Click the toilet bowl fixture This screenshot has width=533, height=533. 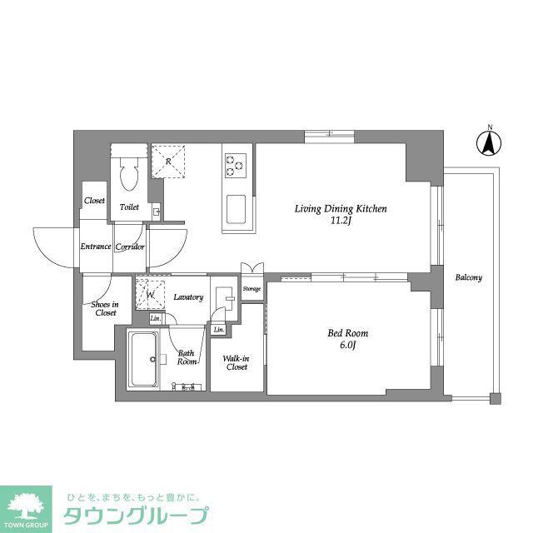click(x=129, y=175)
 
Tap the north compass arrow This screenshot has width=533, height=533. click(x=489, y=143)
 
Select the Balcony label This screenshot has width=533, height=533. click(x=468, y=277)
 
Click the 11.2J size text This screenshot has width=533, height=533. click(x=341, y=221)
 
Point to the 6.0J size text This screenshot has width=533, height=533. click(x=347, y=345)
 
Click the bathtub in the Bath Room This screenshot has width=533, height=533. click(x=143, y=359)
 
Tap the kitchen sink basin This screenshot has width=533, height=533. click(x=236, y=209)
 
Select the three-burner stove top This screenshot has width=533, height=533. click(x=235, y=165)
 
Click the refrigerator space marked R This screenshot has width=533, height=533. click(x=168, y=162)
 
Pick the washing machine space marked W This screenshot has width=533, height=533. click(x=150, y=295)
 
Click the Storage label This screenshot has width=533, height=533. click(x=252, y=289)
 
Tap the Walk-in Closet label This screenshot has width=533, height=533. click(x=237, y=363)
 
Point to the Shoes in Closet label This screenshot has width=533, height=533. click(x=105, y=308)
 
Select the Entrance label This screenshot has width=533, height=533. click(x=96, y=247)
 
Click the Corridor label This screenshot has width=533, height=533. click(x=130, y=247)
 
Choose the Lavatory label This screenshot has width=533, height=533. click(x=188, y=297)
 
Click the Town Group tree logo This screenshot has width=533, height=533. click(x=26, y=509)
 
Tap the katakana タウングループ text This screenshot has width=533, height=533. click(x=136, y=516)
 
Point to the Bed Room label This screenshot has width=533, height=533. click(x=348, y=333)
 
